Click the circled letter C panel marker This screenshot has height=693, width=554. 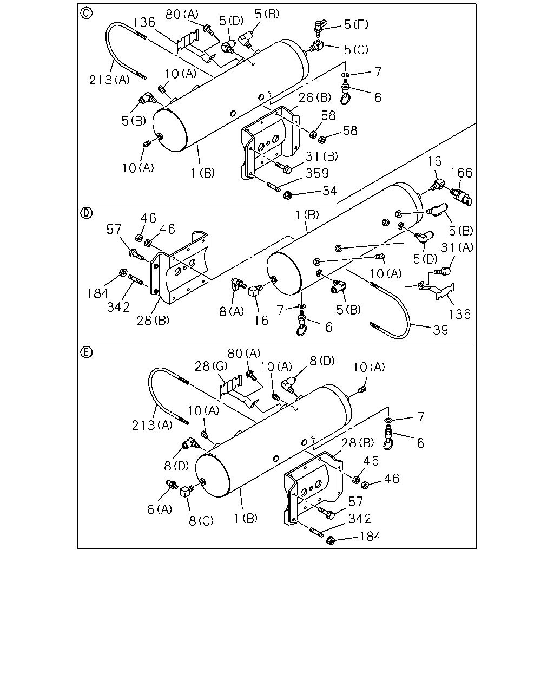(x=86, y=13)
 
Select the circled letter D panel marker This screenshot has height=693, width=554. (x=86, y=213)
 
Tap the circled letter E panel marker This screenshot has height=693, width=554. (x=86, y=352)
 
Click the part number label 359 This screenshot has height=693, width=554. (x=316, y=174)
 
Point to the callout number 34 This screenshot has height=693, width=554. (x=329, y=191)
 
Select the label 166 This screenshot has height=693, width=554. (x=461, y=173)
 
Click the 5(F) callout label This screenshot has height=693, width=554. (x=356, y=24)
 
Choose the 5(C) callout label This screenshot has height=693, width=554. (x=356, y=50)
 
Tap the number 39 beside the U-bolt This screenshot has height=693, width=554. (x=440, y=330)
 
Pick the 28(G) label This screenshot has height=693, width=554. (x=211, y=366)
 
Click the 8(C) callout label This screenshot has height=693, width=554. (x=201, y=520)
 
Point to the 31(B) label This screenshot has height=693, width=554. (x=321, y=156)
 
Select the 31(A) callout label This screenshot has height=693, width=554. (x=457, y=247)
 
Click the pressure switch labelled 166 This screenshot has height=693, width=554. (x=460, y=196)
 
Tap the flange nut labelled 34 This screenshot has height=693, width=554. (x=287, y=195)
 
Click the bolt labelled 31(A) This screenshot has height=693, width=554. (x=443, y=271)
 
